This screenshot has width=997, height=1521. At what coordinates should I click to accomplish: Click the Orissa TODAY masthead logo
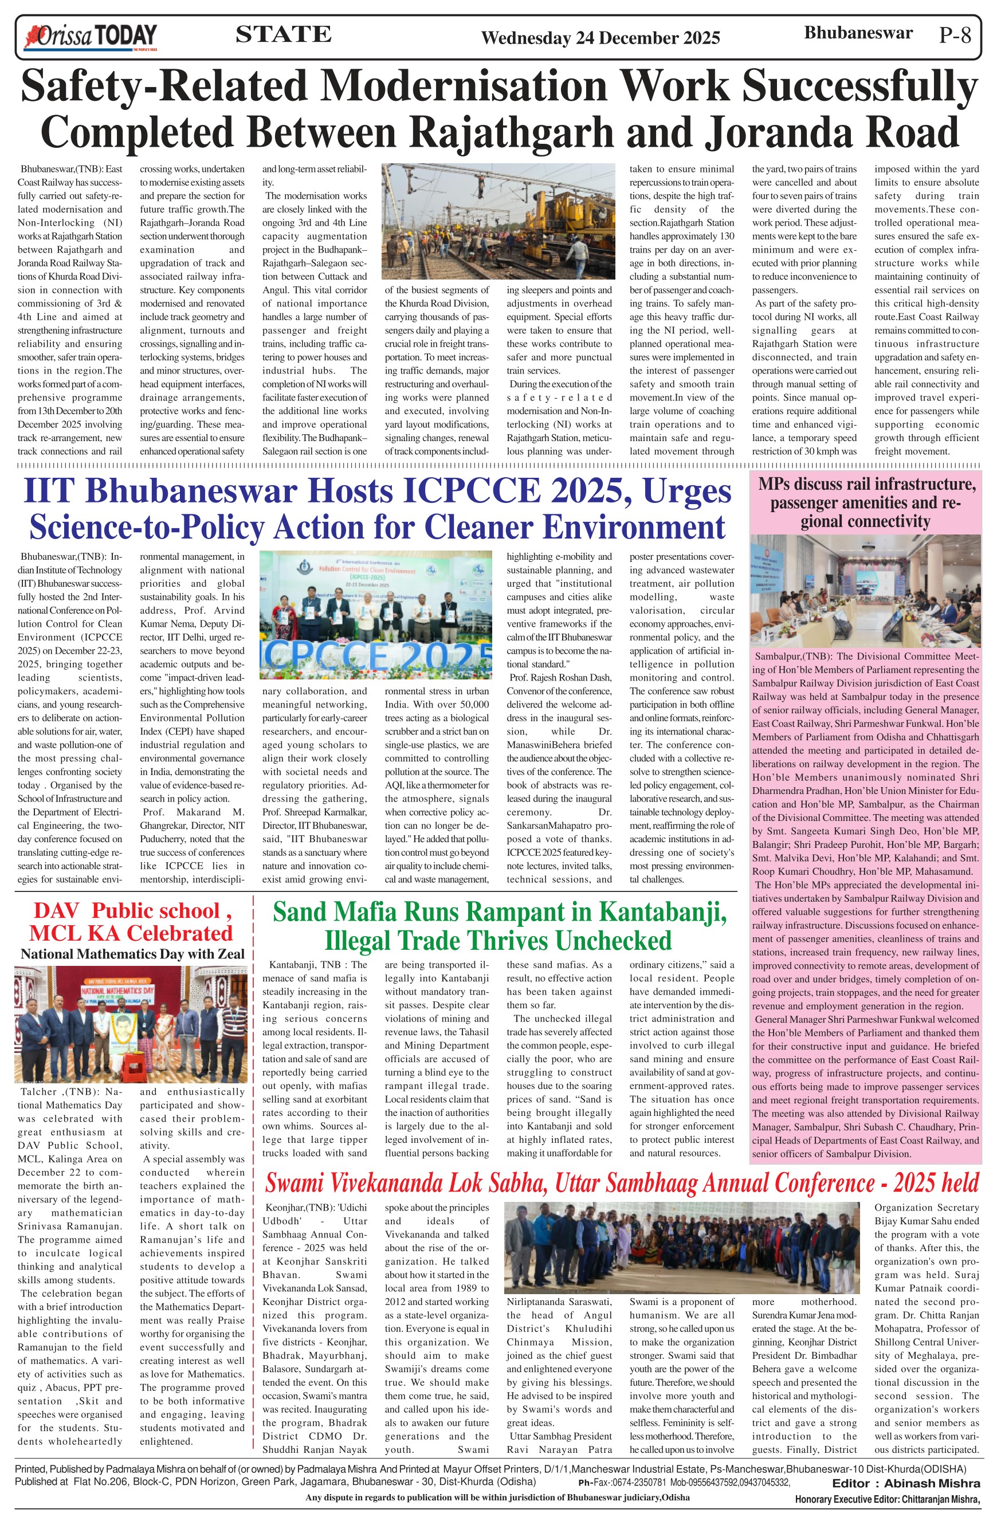[90, 37]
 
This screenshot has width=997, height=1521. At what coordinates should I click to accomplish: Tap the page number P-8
[955, 34]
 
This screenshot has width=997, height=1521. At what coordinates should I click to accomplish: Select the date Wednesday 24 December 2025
[600, 38]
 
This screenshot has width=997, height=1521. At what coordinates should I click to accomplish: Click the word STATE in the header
[283, 34]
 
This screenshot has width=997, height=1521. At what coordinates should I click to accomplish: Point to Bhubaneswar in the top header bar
[858, 33]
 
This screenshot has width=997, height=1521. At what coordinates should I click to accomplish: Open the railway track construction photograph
[498, 221]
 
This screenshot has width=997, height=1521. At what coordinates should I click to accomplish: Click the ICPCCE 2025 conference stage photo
[376, 615]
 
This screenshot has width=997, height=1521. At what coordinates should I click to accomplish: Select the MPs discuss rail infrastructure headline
[866, 502]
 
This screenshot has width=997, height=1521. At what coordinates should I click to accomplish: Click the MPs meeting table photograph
[866, 591]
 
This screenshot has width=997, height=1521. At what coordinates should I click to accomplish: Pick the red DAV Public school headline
[132, 922]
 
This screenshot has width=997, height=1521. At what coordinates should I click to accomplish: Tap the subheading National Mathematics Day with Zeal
[132, 954]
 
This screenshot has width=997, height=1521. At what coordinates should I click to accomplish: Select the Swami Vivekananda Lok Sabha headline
[621, 1183]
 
